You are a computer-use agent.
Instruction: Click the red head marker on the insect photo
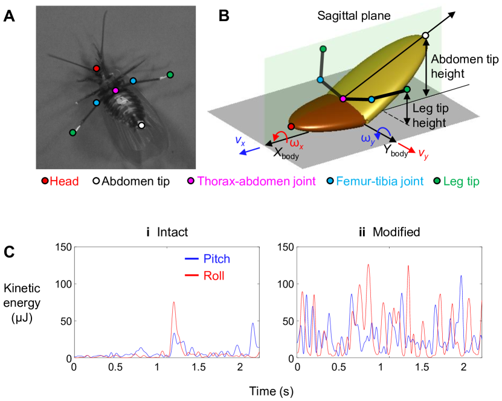point(96,68)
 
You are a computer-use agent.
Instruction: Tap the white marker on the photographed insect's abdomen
point(141,126)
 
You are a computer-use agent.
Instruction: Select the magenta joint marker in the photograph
point(115,90)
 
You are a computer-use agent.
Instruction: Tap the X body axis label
point(286,152)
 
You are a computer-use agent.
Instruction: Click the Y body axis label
point(396,151)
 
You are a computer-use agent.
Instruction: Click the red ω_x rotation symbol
point(296,144)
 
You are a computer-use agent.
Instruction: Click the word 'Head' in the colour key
point(64,181)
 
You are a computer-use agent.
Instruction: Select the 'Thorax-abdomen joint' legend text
point(256,181)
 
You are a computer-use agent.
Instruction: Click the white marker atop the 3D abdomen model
point(425,36)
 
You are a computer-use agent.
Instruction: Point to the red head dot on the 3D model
point(291,126)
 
